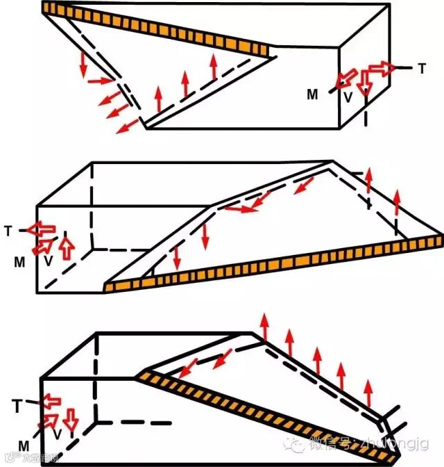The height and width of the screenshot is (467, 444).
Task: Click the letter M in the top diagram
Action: (x=314, y=95)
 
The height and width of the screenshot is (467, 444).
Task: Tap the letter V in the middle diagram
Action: (x=49, y=261)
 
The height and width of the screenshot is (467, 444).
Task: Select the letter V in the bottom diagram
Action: (x=58, y=434)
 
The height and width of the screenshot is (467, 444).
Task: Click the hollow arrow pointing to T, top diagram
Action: (x=379, y=67)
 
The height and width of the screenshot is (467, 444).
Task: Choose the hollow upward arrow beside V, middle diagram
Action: (x=67, y=247)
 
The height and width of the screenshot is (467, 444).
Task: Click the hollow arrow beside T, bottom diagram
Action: (x=51, y=400)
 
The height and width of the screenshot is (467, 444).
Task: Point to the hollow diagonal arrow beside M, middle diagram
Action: (x=43, y=246)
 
